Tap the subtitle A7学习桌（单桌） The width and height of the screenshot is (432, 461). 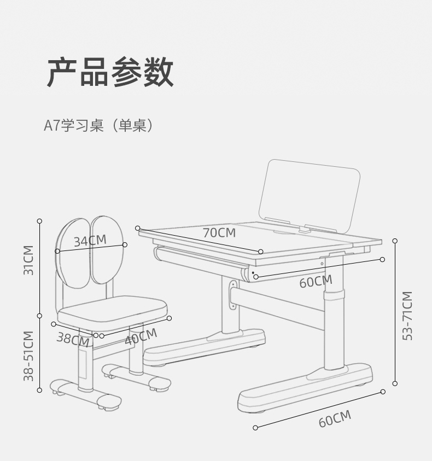coord(98,126)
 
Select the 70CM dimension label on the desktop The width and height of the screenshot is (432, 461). coord(219,232)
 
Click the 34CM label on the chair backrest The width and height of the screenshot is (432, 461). coord(90,240)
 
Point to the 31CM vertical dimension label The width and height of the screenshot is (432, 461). coord(28,260)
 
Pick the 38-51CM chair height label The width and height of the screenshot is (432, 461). coord(28,355)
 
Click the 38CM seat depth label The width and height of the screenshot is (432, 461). coord(73,339)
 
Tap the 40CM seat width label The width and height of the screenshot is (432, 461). coord(141,336)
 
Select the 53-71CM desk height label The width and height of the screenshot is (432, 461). coord(407,316)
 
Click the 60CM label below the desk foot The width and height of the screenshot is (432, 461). coord(335,419)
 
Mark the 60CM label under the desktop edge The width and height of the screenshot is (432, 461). coord(316,282)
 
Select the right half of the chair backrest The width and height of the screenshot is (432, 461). coord(108,249)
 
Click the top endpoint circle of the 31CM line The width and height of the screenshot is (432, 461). coord(39,221)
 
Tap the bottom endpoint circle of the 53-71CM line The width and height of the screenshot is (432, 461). coord(395,383)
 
